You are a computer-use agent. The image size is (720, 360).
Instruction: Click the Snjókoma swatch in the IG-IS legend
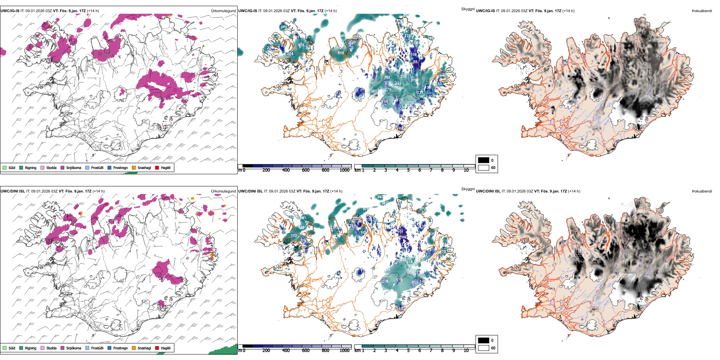[x=63, y=167]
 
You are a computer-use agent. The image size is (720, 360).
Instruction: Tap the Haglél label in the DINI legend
[x=166, y=348]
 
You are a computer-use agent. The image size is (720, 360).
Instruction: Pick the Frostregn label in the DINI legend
[x=120, y=348]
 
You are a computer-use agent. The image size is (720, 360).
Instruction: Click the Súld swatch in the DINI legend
[x=5, y=348]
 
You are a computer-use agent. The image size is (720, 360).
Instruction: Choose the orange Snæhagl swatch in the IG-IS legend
[x=134, y=167]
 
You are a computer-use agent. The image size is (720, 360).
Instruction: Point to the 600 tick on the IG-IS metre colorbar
[x=305, y=170]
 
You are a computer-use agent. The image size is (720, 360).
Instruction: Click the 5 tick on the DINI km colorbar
[x=409, y=351]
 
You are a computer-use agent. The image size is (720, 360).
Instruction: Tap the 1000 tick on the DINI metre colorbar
[x=344, y=351]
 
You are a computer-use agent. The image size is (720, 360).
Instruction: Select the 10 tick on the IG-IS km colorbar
[x=466, y=170]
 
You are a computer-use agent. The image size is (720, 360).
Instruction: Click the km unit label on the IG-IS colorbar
[x=357, y=170]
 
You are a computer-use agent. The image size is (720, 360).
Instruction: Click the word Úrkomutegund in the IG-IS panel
[x=223, y=11]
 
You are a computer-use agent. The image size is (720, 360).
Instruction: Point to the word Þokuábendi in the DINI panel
[x=702, y=191]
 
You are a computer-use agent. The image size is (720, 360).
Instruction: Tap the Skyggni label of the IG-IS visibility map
[x=468, y=9]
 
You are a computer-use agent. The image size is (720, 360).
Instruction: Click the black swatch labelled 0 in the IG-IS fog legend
[x=484, y=160]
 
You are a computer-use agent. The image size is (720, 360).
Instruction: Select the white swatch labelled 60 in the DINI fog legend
[x=484, y=348]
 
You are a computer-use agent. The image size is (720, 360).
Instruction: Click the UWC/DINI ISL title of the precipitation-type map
[x=13, y=191]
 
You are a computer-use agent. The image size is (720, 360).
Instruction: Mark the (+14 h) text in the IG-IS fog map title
[x=568, y=11]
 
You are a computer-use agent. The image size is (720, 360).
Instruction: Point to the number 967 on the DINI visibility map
[x=380, y=197]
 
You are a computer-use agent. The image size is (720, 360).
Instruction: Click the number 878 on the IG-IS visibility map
[x=284, y=27]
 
